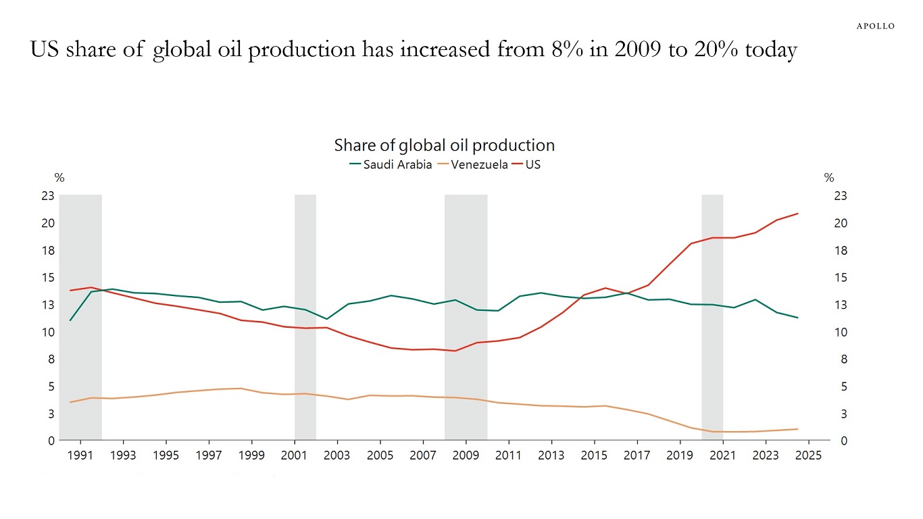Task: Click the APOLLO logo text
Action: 876,26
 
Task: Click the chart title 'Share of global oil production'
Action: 444,145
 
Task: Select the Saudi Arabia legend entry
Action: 390,164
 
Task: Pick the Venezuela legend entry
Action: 472,164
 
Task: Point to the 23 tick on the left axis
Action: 47,196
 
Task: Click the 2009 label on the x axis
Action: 466,455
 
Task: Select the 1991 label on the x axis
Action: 80,455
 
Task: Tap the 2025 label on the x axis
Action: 808,455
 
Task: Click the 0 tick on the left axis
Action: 50,441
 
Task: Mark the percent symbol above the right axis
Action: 829,178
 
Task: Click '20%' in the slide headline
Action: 716,50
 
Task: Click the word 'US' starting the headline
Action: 45,50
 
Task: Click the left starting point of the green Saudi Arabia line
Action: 70,320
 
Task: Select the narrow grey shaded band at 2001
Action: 305,318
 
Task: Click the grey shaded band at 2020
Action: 712,318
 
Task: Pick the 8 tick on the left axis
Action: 50,360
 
